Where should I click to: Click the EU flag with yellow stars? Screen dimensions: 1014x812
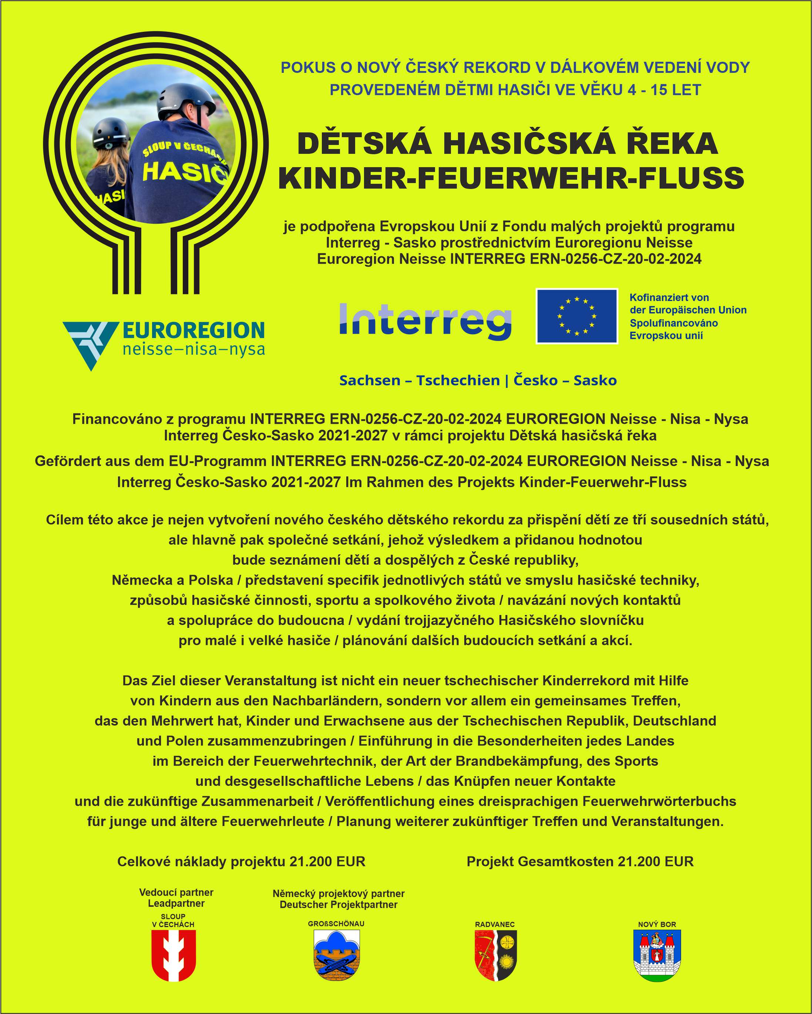576,316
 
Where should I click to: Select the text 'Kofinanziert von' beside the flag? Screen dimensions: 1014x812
669,298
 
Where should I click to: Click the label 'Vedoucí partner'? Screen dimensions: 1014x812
176,892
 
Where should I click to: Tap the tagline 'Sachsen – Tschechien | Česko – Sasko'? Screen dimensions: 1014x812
478,381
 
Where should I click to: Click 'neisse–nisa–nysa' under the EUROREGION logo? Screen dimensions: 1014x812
193,350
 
